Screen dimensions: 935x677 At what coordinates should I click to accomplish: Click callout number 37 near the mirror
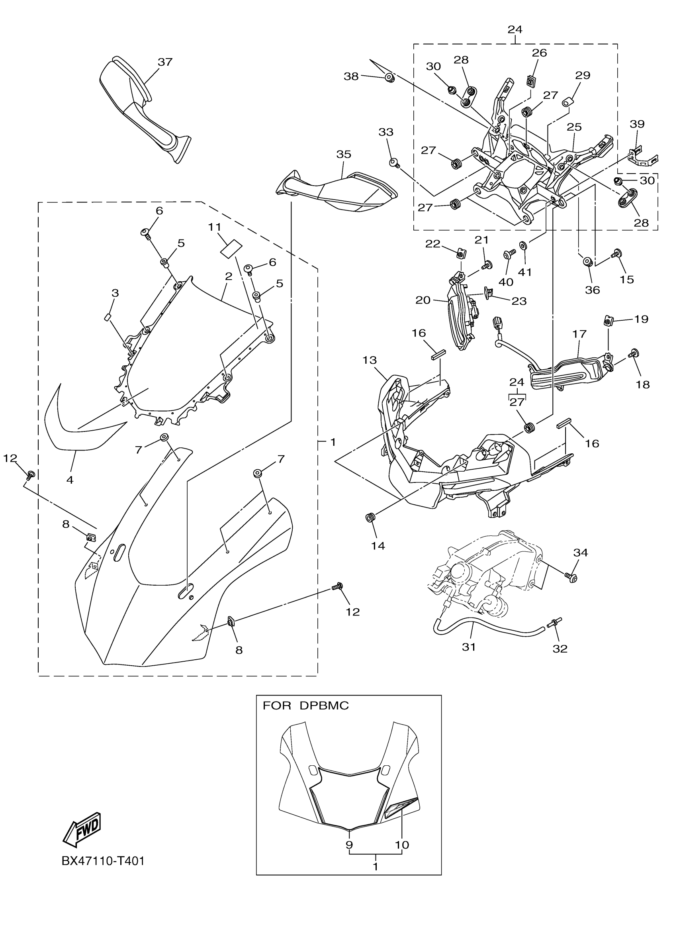(x=165, y=62)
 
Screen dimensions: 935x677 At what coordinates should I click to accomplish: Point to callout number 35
(x=343, y=154)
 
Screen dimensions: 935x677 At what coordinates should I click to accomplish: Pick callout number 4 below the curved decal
(x=70, y=480)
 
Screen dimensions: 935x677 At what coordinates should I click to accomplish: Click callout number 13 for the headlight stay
(x=369, y=360)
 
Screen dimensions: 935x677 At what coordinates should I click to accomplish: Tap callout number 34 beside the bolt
(x=580, y=553)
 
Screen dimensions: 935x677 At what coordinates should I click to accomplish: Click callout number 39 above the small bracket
(x=637, y=123)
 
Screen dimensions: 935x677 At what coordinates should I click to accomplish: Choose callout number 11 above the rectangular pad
(x=214, y=227)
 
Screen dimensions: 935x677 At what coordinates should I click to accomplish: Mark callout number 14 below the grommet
(x=378, y=545)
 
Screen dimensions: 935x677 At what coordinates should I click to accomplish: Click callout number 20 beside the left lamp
(x=423, y=300)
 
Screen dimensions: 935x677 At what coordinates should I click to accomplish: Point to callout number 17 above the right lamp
(x=579, y=333)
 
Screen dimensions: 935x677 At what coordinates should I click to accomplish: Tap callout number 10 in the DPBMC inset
(x=402, y=845)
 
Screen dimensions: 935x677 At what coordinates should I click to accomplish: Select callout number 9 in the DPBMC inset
(x=349, y=845)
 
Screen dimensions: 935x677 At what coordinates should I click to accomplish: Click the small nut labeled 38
(x=389, y=77)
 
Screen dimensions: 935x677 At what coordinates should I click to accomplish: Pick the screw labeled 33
(x=393, y=162)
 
